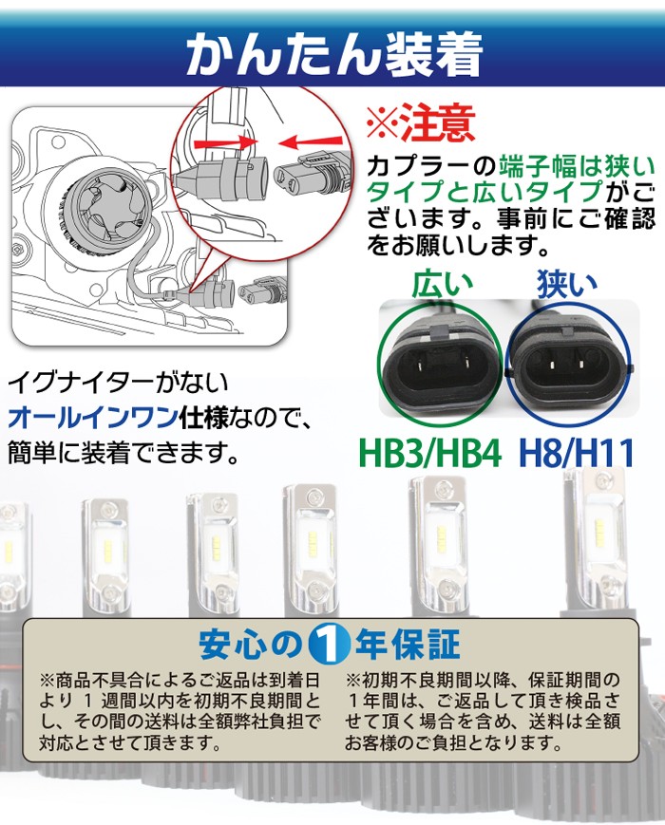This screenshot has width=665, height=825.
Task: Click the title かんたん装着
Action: coord(332,55)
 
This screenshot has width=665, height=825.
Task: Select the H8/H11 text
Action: coord(576,452)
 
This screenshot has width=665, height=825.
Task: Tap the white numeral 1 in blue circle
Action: coord(330,646)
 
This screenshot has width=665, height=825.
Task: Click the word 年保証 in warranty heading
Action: coord(406,646)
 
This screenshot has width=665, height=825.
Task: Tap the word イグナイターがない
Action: coord(118,384)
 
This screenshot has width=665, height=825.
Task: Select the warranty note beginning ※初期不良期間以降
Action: coord(488,712)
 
